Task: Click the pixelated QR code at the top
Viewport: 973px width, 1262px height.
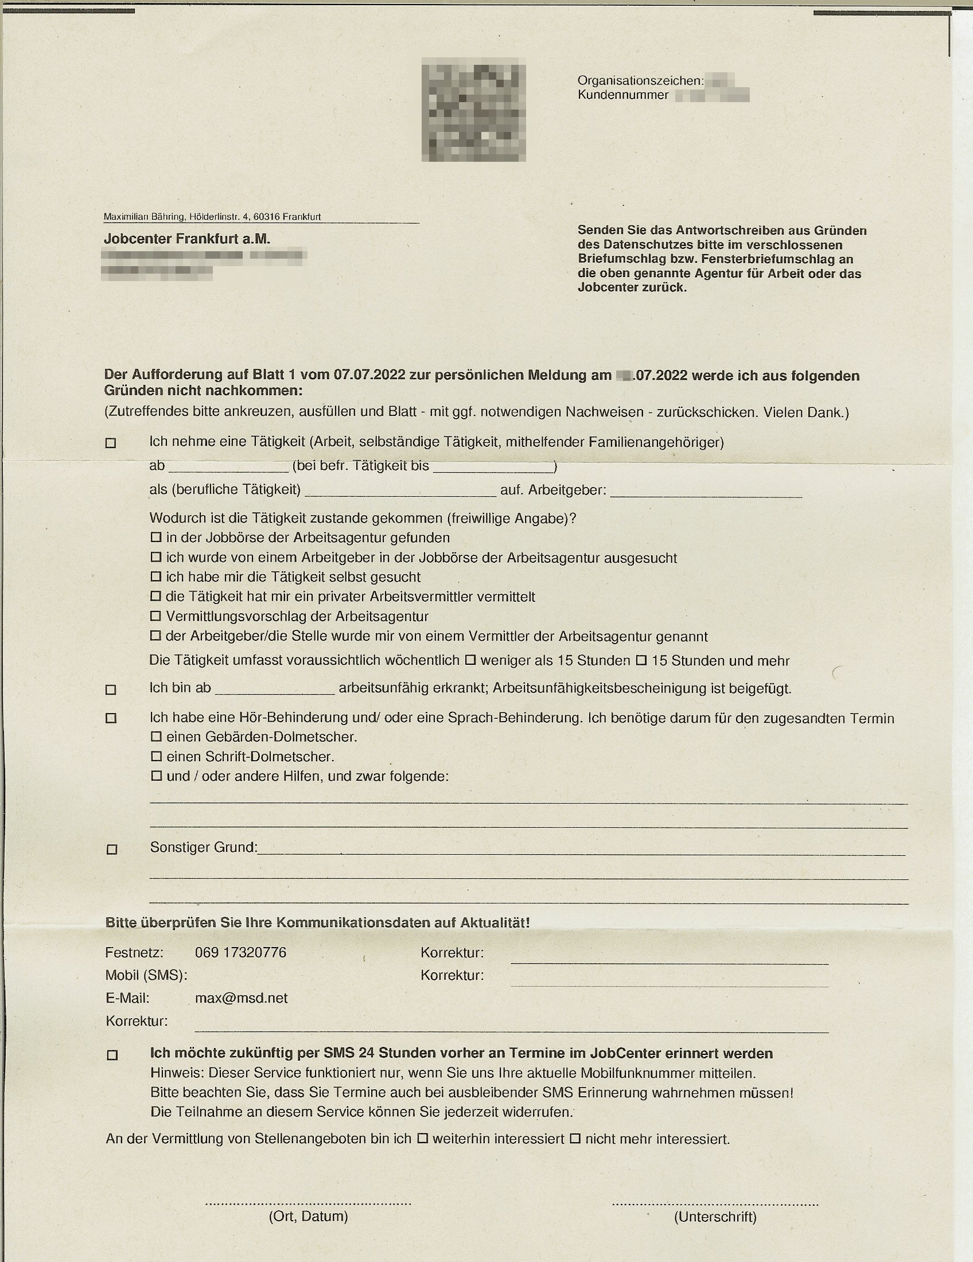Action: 473,112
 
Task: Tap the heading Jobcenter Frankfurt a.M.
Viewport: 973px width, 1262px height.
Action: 186,239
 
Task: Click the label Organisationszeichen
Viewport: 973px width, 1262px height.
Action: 640,81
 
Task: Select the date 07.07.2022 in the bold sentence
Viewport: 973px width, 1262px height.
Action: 369,375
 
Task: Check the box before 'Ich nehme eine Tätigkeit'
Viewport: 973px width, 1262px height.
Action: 111,443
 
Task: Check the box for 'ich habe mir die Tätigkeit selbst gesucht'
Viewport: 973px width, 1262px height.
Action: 156,577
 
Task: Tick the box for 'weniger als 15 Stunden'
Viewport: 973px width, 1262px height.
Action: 470,659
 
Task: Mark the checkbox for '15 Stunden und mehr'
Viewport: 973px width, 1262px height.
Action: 641,659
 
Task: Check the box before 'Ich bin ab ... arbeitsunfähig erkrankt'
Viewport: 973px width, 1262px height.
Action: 111,690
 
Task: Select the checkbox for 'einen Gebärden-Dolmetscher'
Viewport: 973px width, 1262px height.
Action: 156,737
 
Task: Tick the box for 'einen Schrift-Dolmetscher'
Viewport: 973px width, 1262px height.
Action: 156,757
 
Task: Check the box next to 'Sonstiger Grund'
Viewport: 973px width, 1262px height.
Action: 112,849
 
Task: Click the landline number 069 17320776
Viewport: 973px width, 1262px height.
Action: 240,952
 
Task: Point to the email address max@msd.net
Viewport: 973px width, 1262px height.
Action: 241,998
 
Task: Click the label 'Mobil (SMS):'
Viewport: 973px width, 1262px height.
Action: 146,975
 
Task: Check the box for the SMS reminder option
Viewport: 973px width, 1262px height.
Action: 112,1054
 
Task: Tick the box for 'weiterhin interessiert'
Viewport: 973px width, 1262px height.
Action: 423,1138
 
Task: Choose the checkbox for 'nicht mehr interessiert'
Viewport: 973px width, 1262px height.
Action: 575,1138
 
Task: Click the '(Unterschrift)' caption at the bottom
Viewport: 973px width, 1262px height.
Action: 715,1217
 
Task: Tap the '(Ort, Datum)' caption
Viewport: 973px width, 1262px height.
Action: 308,1216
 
